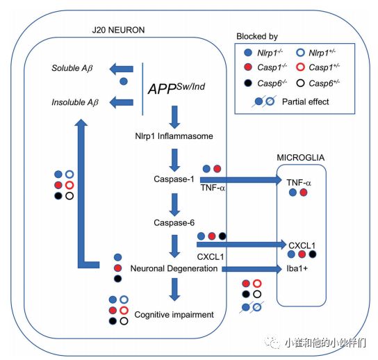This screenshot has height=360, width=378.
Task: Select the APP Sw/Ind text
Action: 176,89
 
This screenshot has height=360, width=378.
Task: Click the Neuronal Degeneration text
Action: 174,268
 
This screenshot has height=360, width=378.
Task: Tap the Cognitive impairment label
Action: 174,314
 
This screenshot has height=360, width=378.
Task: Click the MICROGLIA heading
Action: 302,158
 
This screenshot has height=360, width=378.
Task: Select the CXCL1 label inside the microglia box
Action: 302,245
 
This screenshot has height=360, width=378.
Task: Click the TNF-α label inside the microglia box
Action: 299,181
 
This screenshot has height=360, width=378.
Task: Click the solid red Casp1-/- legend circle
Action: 249,67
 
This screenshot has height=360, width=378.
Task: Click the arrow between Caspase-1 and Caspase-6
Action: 174,202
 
